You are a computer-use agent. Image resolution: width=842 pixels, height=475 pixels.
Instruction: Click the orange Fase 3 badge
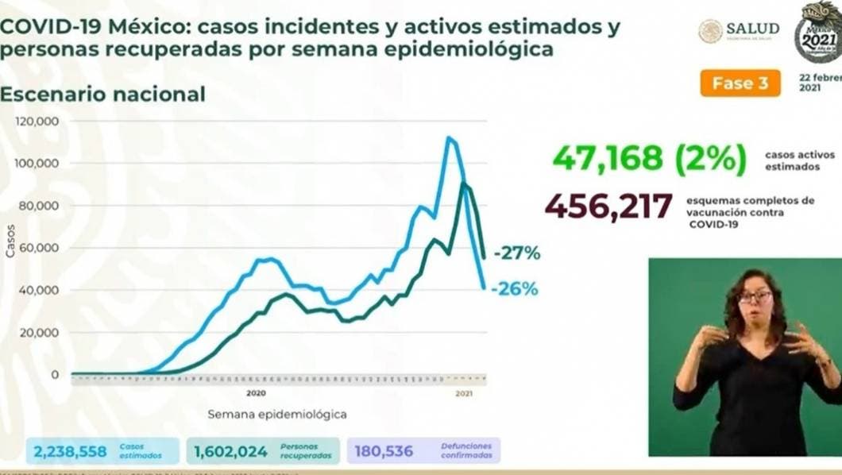click(x=740, y=83)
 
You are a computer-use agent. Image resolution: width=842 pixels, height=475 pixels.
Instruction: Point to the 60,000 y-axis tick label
click(x=38, y=248)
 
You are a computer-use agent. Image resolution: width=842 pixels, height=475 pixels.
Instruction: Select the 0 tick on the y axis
click(x=54, y=374)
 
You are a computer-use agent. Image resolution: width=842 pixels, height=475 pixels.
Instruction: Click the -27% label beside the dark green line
click(x=516, y=254)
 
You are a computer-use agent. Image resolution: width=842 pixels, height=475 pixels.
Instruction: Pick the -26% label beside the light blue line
click(x=515, y=289)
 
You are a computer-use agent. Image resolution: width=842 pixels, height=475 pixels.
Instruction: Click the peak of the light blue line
click(x=450, y=138)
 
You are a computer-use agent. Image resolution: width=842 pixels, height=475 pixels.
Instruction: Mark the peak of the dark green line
click(x=464, y=184)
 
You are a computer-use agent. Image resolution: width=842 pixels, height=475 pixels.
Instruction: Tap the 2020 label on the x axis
click(x=255, y=393)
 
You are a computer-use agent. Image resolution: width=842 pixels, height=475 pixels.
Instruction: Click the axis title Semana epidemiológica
click(x=277, y=414)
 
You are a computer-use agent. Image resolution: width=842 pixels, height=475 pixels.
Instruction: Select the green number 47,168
click(x=608, y=158)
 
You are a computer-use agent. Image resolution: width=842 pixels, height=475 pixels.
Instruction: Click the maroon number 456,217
click(x=608, y=207)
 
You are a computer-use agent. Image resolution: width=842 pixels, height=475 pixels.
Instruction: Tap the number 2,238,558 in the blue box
click(x=70, y=452)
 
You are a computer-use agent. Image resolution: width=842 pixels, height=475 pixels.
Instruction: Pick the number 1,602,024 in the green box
click(x=231, y=452)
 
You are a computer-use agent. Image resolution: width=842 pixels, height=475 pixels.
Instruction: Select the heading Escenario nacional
click(x=102, y=94)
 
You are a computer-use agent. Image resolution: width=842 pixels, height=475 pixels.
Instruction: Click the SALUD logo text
click(x=751, y=29)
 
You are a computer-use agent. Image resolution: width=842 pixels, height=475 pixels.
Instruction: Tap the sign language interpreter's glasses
click(x=754, y=297)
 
